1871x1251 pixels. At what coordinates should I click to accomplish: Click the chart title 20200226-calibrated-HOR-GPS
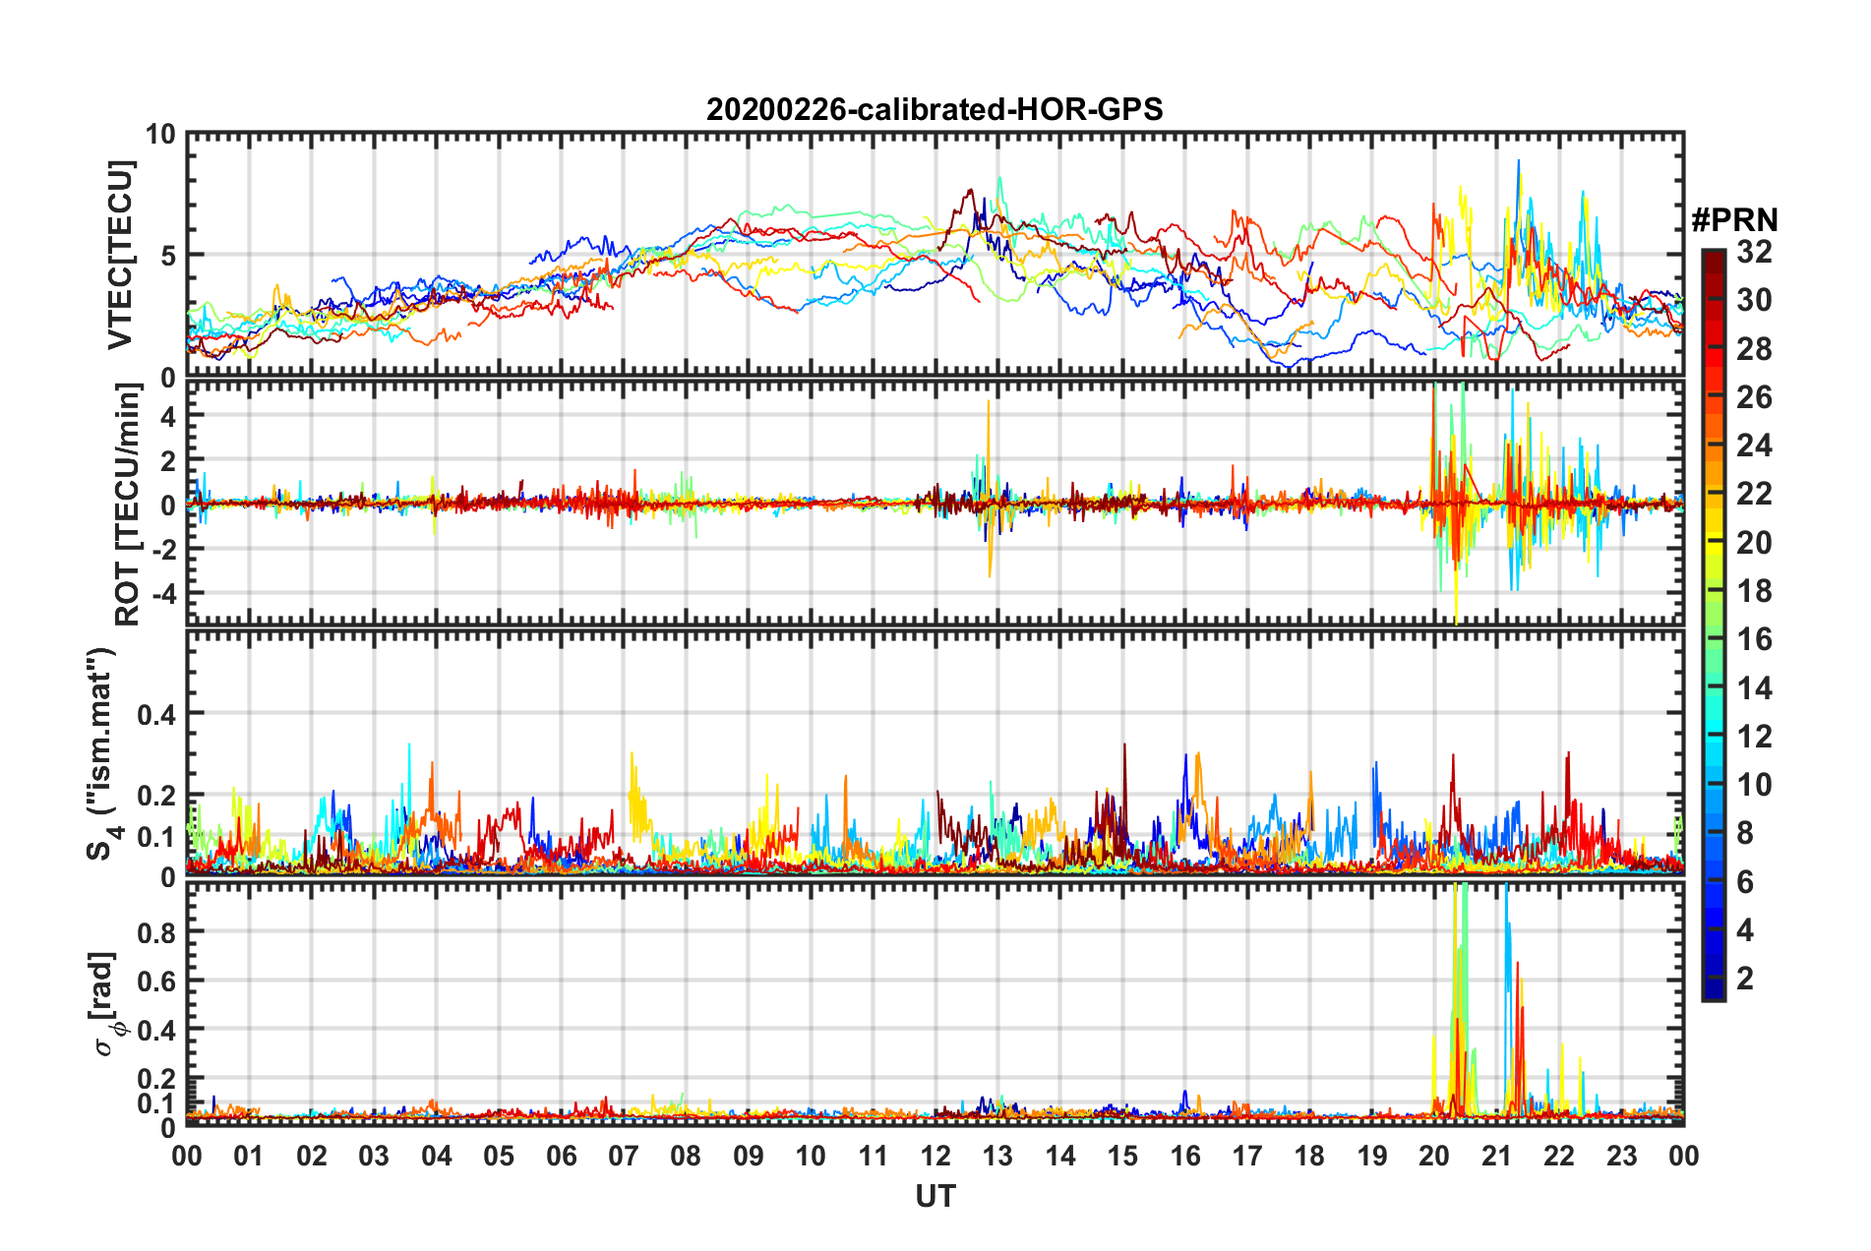pyautogui.click(x=935, y=109)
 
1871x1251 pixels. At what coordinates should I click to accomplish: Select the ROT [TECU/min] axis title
pyautogui.click(x=128, y=505)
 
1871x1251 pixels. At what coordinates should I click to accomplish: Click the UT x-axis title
pyautogui.click(x=935, y=1196)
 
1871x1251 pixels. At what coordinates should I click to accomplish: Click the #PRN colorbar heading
pyautogui.click(x=1733, y=219)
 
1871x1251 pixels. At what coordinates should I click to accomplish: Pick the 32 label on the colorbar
pyautogui.click(x=1754, y=252)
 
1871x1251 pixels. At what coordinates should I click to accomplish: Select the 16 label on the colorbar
pyautogui.click(x=1754, y=639)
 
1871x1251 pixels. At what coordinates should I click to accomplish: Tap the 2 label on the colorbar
pyautogui.click(x=1745, y=978)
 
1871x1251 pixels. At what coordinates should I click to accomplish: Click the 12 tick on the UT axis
pyautogui.click(x=935, y=1156)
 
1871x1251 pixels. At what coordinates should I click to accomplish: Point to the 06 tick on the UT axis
pyautogui.click(x=561, y=1156)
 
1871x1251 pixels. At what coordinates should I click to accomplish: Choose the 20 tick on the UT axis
pyautogui.click(x=1434, y=1156)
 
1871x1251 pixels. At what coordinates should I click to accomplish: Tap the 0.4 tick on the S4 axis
pyautogui.click(x=156, y=714)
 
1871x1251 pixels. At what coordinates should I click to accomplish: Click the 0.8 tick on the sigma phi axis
pyautogui.click(x=156, y=931)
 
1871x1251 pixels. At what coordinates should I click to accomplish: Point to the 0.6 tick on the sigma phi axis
pyautogui.click(x=156, y=981)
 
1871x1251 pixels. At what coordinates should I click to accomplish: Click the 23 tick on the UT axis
pyautogui.click(x=1621, y=1156)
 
